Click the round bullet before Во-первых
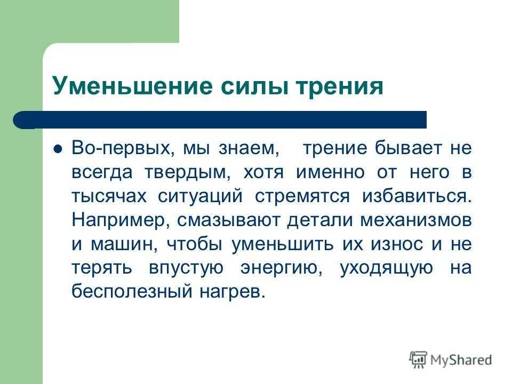[x=58, y=149]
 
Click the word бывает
[x=408, y=149]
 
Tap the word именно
[x=330, y=173]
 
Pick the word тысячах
[x=109, y=197]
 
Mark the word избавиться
[x=417, y=196]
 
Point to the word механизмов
[x=416, y=220]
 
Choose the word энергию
[x=282, y=268]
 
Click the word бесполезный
[x=132, y=291]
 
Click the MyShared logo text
[x=461, y=360]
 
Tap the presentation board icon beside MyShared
[x=418, y=359]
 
